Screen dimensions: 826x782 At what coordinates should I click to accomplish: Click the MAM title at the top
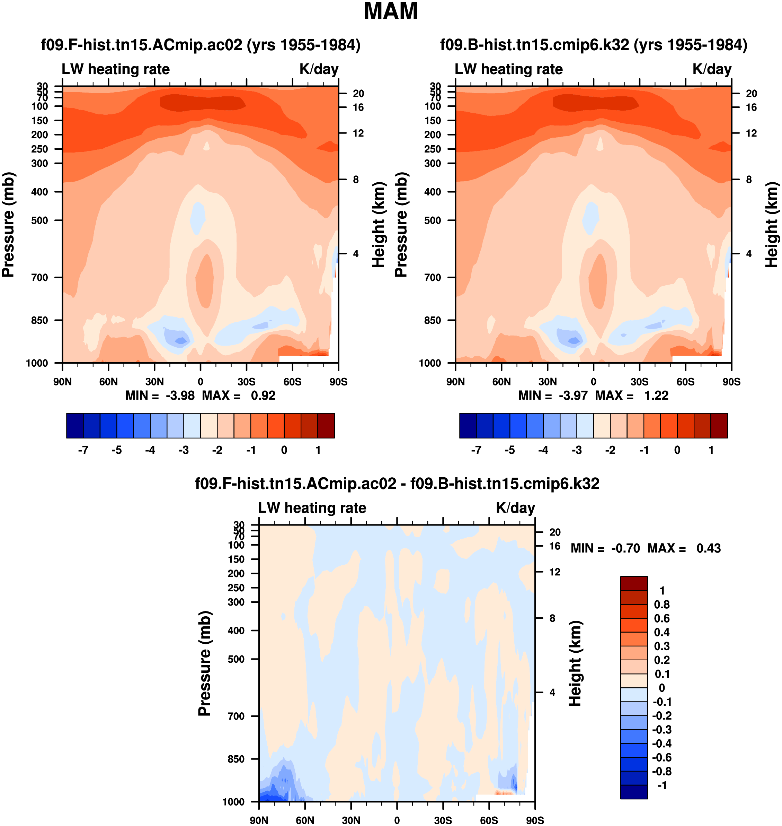pos(391,11)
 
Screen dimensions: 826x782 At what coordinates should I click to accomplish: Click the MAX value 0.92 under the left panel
pos(263,395)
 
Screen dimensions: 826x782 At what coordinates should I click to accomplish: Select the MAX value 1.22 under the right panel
pos(656,395)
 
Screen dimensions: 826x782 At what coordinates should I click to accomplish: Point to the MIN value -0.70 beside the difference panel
pos(625,548)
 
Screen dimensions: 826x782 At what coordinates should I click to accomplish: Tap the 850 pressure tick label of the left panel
pos(39,320)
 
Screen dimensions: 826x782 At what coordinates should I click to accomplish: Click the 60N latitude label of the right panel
pos(501,382)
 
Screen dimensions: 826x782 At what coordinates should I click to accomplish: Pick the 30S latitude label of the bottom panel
pos(443,820)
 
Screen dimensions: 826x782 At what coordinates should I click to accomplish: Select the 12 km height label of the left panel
pos(358,133)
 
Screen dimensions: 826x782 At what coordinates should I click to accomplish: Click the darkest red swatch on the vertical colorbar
pos(634,583)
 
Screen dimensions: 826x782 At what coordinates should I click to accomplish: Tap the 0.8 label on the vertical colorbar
pos(661,605)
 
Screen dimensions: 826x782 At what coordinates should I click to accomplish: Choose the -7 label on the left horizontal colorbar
pos(83,450)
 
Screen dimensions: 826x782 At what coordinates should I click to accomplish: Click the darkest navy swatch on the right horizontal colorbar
pos(468,426)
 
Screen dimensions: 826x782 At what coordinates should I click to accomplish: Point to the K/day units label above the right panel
pos(712,69)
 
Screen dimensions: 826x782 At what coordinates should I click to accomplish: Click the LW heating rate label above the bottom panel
pos(312,508)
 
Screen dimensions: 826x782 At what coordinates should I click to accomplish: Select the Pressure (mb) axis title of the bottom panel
pos(205,663)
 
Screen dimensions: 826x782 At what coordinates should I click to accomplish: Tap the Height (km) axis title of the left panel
pos(378,225)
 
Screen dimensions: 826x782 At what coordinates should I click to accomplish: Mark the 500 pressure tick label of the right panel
pos(433,220)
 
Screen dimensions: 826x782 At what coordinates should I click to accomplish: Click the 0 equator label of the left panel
pos(201,382)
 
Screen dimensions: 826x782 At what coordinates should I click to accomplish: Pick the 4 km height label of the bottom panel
pos(552,693)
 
